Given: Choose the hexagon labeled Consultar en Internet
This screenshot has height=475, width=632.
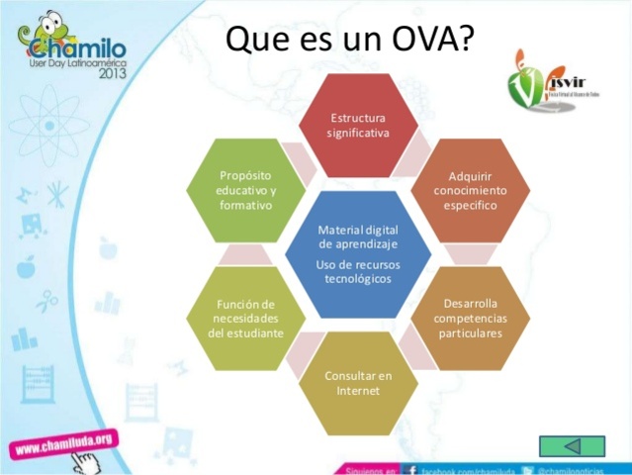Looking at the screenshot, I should pos(358,383).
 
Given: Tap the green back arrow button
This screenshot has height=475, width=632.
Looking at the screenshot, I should pos(572,445).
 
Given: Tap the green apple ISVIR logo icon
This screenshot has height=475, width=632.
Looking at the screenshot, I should pos(528,85).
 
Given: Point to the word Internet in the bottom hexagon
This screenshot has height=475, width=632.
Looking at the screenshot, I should pos(358,391).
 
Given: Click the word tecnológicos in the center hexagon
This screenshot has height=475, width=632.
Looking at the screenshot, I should pos(358,279).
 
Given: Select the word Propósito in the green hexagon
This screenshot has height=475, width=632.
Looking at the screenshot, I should pos(245,175).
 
